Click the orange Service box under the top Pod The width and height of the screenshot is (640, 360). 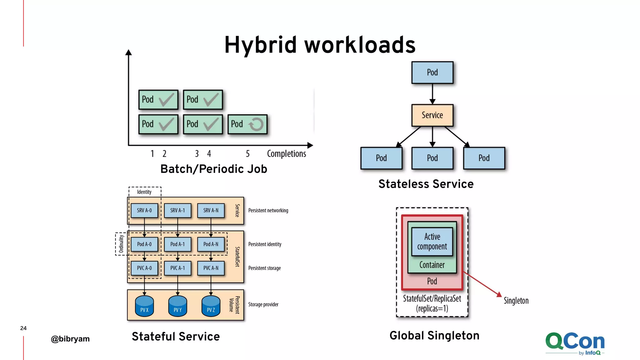(x=432, y=115)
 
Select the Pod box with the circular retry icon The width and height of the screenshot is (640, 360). (x=247, y=124)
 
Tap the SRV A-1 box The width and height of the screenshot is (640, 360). (x=177, y=210)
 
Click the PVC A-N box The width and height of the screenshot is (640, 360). (x=211, y=268)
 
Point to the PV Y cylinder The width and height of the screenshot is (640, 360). (x=177, y=306)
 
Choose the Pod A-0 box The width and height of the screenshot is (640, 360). (x=144, y=244)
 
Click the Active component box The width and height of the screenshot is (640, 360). (x=432, y=241)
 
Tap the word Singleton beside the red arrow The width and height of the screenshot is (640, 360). (x=516, y=301)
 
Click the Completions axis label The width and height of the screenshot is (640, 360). (x=286, y=154)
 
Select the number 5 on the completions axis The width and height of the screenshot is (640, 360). (x=247, y=154)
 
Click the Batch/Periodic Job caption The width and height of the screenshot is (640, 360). (x=214, y=169)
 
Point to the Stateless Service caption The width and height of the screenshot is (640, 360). (x=426, y=184)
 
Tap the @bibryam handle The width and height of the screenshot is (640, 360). (x=70, y=339)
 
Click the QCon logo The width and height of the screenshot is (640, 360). (x=575, y=343)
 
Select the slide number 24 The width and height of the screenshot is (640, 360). (x=23, y=328)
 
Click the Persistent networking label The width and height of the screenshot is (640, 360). (x=268, y=211)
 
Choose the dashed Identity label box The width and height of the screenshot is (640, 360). (x=144, y=192)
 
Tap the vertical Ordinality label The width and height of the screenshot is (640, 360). (x=121, y=244)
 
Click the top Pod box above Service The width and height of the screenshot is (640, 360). (x=432, y=72)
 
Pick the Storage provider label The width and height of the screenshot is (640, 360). (x=263, y=304)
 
